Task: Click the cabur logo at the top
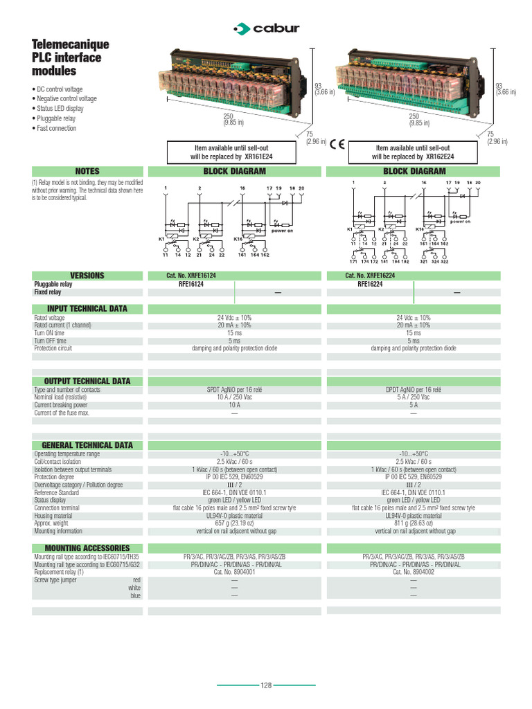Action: [267, 28]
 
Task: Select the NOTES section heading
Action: [87, 171]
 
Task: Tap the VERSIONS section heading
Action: [87, 276]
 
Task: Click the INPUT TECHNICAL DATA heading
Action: [87, 308]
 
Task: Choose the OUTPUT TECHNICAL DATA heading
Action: [87, 381]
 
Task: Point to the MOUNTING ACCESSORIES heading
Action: [87, 548]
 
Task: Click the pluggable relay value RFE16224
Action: [371, 284]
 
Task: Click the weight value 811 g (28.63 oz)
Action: [414, 523]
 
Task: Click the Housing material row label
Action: [53, 516]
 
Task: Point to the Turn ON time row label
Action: [49, 333]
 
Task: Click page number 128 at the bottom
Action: [266, 685]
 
